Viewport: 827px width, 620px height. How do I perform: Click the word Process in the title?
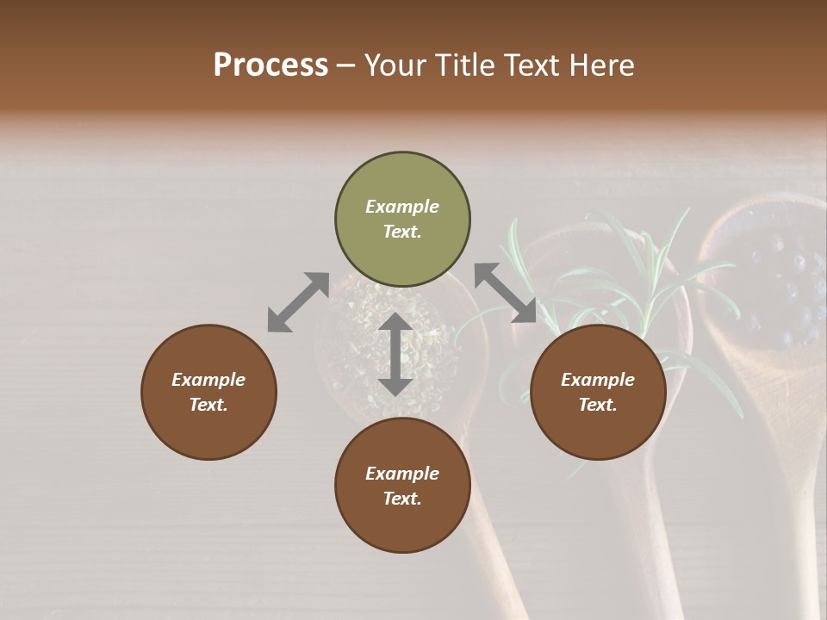coord(270,65)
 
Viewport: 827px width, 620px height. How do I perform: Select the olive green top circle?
coord(402,220)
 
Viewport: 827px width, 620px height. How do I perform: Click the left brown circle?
coord(208,392)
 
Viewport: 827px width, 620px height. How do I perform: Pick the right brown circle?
coord(598,392)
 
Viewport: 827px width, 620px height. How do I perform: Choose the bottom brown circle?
coord(402,486)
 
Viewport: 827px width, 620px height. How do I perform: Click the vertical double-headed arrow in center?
coord(395,354)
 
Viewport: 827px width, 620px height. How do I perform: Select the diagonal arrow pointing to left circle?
coord(298,302)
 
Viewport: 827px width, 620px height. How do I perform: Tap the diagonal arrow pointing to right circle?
coord(506,293)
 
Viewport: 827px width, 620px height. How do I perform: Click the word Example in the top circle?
coord(402,207)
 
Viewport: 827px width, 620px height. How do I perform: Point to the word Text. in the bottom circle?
coord(402,499)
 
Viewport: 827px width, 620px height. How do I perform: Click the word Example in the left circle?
coord(208,380)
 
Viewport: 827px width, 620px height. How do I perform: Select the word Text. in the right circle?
coord(598,405)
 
